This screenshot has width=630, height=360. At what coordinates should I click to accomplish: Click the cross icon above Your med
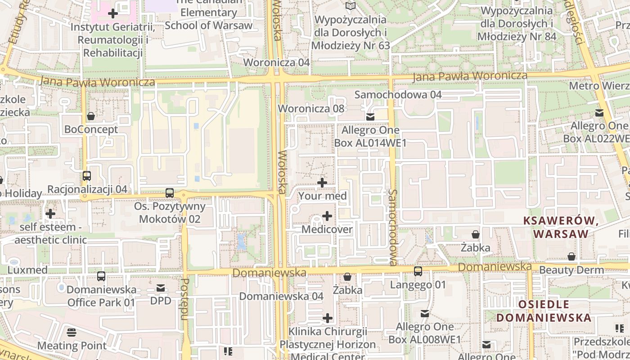pos(322,183)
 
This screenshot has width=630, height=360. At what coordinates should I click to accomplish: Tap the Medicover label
pos(327,229)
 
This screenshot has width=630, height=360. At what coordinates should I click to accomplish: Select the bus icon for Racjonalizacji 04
pos(87,176)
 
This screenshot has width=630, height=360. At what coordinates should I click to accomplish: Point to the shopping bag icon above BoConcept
pos(91,116)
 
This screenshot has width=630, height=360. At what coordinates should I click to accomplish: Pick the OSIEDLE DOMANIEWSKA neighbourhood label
pos(544,311)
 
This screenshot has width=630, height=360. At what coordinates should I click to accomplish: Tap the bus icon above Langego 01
pos(418,271)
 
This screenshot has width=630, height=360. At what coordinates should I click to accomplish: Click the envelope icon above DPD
pos(161,288)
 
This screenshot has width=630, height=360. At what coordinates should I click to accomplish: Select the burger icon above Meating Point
pos(72,333)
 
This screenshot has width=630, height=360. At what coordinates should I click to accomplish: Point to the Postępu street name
pos(184,299)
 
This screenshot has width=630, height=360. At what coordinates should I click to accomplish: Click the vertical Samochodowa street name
pos(392,227)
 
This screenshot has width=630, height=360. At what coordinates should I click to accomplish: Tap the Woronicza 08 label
pos(311,108)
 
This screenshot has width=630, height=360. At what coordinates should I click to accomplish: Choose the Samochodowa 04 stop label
pos(398,95)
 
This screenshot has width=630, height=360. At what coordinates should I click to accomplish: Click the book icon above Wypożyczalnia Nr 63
pos(351,6)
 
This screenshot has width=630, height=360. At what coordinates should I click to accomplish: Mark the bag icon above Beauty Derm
pos(571,256)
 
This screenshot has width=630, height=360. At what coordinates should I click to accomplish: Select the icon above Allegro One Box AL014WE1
pos(370,117)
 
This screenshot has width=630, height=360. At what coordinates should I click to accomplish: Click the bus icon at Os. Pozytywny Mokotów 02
pos(170,193)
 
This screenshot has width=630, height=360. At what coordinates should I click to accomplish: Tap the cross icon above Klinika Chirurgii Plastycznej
pos(328,319)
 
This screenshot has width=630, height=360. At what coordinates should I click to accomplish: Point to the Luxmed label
pos(27,270)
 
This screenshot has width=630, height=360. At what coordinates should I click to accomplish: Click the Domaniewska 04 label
pos(281,297)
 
